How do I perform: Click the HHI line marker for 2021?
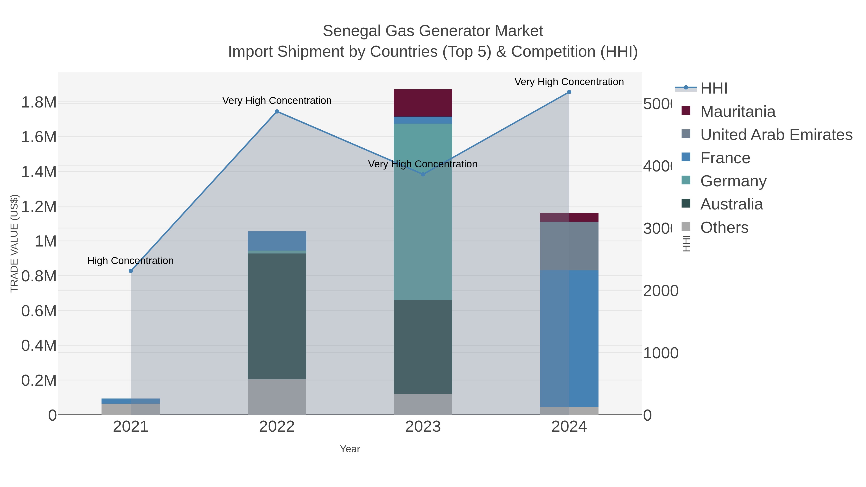click(131, 271)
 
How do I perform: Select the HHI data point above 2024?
click(569, 92)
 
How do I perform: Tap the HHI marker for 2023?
click(423, 174)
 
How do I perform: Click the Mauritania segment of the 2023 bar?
click(423, 103)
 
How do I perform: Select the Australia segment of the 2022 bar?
click(277, 316)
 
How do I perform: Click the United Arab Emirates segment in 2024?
click(569, 246)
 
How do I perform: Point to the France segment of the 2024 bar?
click(569, 338)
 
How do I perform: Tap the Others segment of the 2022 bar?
click(277, 397)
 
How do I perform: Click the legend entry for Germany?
click(733, 181)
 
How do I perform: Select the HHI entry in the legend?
click(714, 89)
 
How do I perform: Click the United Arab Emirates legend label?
click(776, 135)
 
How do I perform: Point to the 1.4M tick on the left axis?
click(39, 172)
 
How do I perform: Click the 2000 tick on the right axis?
click(660, 291)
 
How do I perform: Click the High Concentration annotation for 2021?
click(130, 261)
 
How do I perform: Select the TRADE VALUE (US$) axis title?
click(14, 243)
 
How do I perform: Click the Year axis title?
click(350, 449)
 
